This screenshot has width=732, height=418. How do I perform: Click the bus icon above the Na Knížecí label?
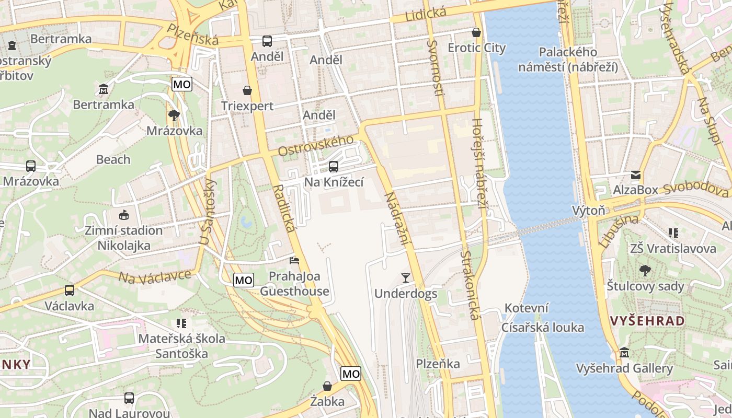(333, 167)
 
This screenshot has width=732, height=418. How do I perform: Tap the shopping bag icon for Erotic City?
(476, 32)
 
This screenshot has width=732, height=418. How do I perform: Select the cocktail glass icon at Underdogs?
(406, 277)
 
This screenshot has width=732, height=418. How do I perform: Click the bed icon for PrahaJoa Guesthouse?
(295, 260)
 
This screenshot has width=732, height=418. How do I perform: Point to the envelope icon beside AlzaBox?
(636, 175)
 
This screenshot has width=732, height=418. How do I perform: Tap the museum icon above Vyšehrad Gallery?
(624, 353)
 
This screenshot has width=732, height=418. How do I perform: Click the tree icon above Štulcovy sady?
(645, 271)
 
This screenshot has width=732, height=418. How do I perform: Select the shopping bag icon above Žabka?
(327, 386)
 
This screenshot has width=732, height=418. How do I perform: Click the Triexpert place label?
(247, 106)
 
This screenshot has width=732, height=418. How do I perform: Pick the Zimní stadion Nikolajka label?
(124, 238)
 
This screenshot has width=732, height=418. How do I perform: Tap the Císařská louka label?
(543, 328)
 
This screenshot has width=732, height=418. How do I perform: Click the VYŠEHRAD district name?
(647, 321)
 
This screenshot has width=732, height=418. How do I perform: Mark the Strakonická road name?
(470, 285)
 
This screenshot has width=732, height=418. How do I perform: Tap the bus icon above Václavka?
(69, 291)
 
